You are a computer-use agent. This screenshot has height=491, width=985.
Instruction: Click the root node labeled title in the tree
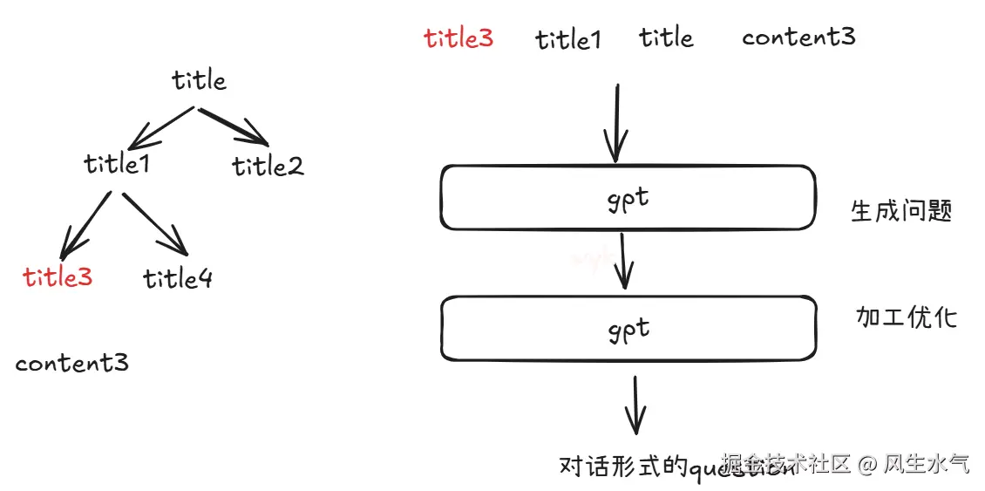coord(199,81)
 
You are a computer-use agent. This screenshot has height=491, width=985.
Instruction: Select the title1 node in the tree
coord(117,163)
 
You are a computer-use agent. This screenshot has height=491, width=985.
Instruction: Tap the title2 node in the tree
coord(268,165)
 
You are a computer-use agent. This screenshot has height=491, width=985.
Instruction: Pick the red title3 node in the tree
coord(58,277)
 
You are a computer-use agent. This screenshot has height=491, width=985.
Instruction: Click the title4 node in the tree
coord(178,278)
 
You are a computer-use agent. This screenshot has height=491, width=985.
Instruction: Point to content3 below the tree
coord(71,363)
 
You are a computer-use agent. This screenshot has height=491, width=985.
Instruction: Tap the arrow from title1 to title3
coord(86,224)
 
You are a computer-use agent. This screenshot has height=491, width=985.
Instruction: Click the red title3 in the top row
coord(459,38)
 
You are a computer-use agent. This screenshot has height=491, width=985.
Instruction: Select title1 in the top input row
coord(567,39)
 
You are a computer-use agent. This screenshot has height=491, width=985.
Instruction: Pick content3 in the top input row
coord(798,37)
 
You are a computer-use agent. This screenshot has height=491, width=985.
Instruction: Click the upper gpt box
coord(628,198)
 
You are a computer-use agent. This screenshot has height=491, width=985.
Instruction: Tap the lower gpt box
coord(628,329)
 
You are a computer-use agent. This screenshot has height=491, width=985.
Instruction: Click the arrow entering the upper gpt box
coord(617,122)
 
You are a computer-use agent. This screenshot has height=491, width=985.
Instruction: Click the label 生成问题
coord(901,210)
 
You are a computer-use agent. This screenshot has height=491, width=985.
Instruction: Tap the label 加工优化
coord(907,317)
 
